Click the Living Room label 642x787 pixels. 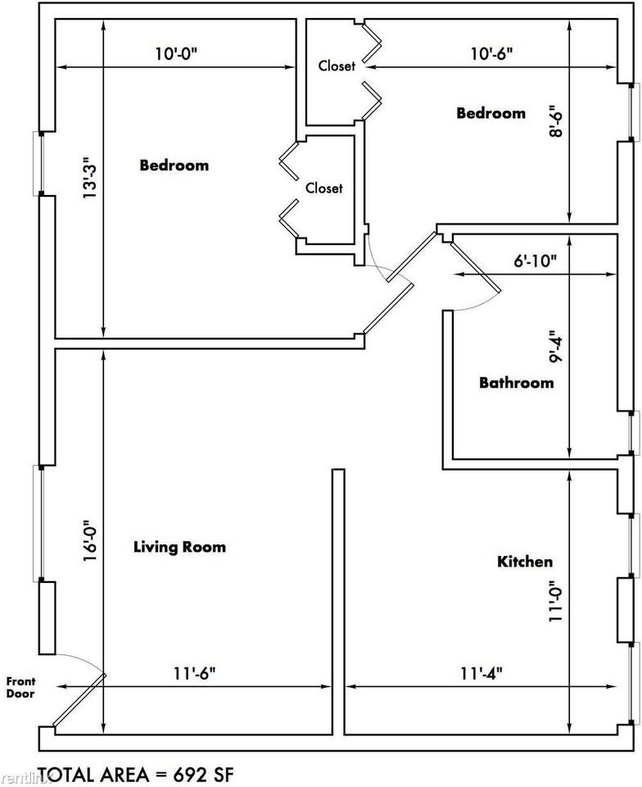[x=179, y=547]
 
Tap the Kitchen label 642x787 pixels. [x=525, y=561]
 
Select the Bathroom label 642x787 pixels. [x=517, y=383]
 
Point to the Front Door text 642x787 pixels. [x=20, y=688]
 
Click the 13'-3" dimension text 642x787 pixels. [x=89, y=182]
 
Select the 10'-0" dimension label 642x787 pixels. [x=177, y=53]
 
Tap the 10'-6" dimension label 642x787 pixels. [x=491, y=53]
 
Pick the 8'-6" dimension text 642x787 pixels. [x=555, y=121]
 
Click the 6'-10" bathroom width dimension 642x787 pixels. [x=535, y=261]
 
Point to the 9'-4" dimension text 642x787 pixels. [x=555, y=346]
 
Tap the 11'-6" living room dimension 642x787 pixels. [x=195, y=673]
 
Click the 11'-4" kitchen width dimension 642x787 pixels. [x=481, y=673]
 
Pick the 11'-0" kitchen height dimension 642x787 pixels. [x=555, y=602]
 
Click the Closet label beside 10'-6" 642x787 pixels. [x=337, y=66]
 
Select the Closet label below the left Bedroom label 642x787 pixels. [x=324, y=189]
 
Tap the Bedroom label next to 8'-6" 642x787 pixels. [x=491, y=113]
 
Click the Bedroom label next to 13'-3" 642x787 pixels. [x=174, y=165]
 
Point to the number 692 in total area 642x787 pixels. [x=189, y=775]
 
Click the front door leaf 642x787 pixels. [x=79, y=699]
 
